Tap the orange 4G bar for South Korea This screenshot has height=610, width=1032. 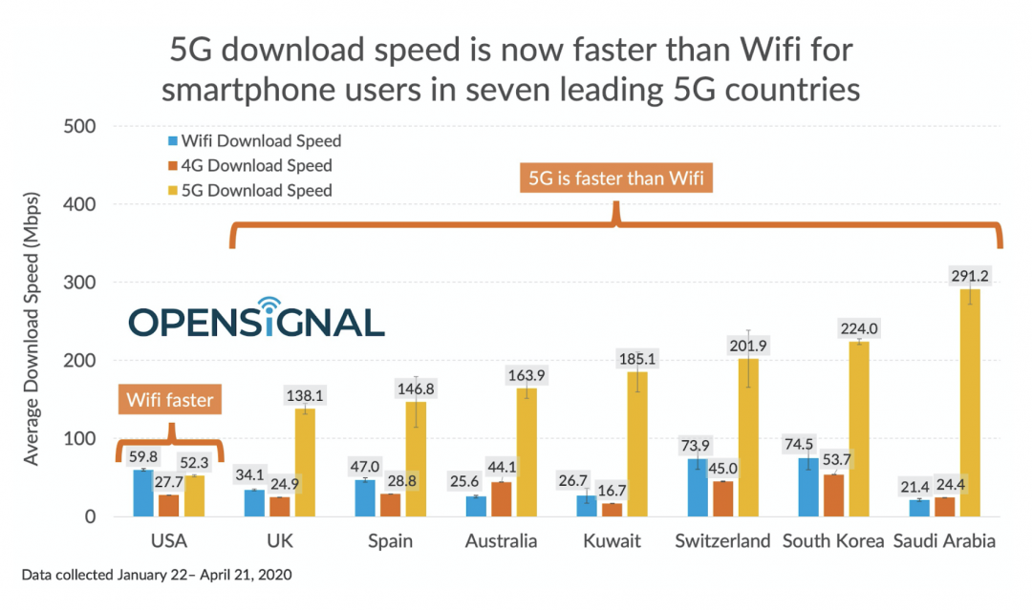point(834,495)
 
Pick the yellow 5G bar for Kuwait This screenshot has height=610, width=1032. point(637,444)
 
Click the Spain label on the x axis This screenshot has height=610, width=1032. point(390,541)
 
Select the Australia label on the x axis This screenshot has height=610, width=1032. point(501,541)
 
